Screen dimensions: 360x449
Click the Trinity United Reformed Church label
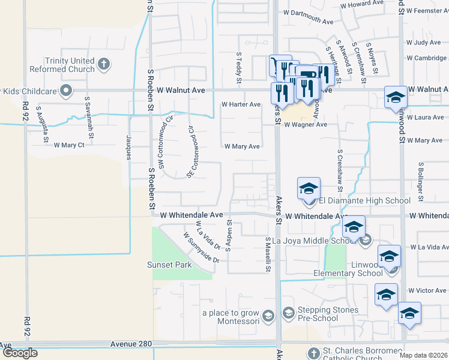[70, 65]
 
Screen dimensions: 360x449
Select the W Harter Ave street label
[241, 104]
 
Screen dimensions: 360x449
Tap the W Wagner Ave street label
[306, 125]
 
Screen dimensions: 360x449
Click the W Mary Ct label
[69, 145]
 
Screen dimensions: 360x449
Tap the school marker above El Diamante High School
[309, 188]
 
